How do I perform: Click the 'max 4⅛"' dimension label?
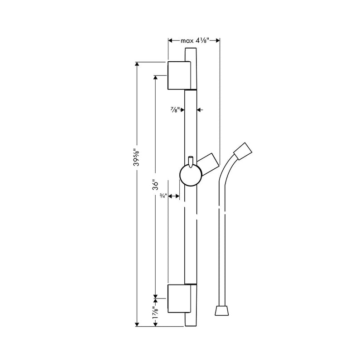194,41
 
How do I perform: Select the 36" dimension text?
155,185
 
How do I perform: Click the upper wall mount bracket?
180,75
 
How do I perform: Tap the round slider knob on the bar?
190,176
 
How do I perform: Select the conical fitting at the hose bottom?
221,311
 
